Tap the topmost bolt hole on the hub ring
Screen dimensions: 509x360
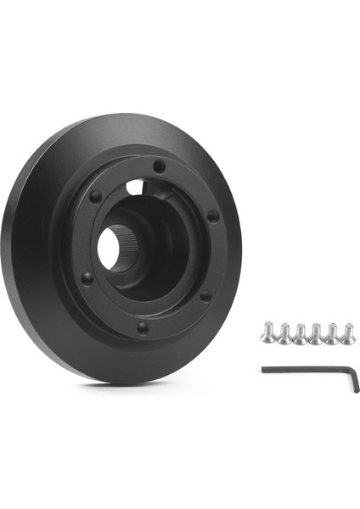pos(159,168)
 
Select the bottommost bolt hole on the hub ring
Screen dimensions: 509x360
pos(143,326)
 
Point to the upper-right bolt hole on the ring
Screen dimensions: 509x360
pos(212,215)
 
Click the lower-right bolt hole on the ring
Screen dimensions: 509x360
pos(205,294)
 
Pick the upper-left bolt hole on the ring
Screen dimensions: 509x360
pos(96,197)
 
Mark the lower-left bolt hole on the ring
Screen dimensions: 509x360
pos(86,277)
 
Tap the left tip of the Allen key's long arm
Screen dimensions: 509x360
pos(264,369)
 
